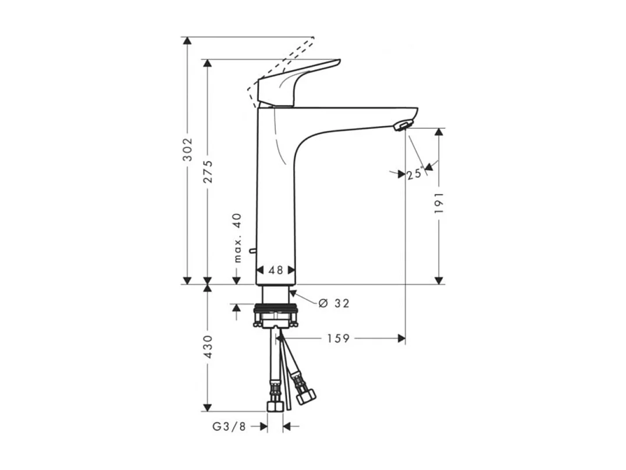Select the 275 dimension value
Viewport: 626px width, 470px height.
click(208, 171)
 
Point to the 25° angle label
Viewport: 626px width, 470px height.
click(414, 174)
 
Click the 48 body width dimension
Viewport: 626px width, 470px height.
click(276, 270)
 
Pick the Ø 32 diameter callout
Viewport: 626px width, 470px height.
click(334, 303)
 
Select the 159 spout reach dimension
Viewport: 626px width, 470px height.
click(338, 338)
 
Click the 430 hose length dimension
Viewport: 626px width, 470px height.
click(208, 347)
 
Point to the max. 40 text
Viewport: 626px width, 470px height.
click(237, 238)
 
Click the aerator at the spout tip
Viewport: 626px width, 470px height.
click(402, 124)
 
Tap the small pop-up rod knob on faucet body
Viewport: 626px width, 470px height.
click(252, 251)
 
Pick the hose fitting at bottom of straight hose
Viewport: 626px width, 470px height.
click(275, 405)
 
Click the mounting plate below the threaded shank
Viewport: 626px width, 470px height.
click(276, 319)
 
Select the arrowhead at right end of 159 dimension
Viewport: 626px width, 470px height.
click(401, 338)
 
